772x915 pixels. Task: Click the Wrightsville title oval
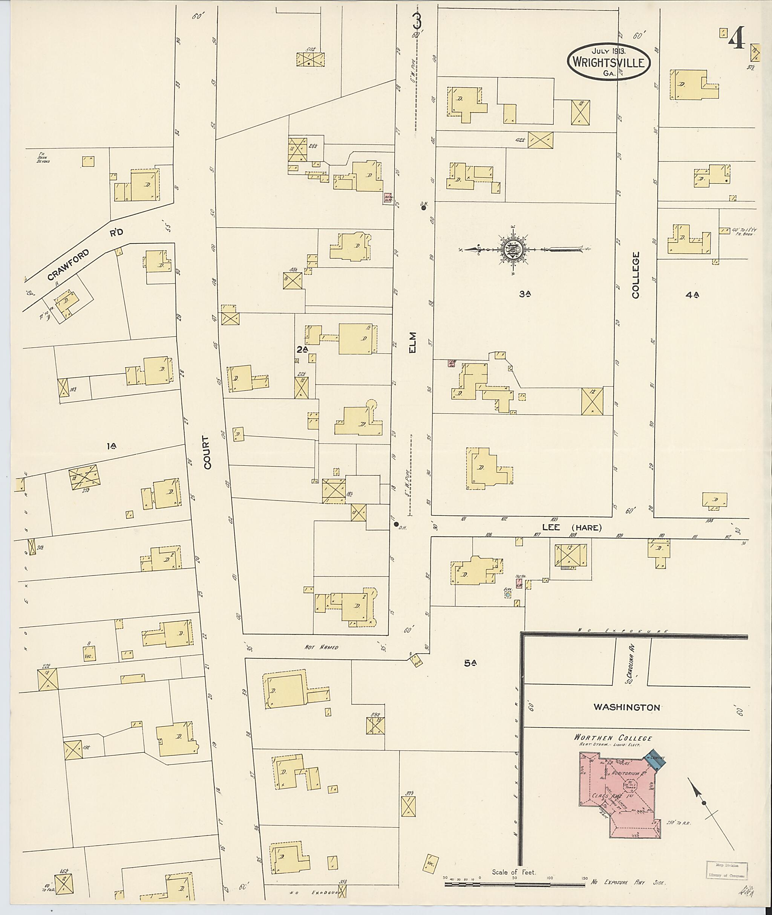[x=608, y=62]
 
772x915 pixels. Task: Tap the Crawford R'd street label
[x=85, y=254]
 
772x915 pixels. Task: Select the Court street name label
[x=207, y=452]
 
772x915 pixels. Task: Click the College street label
[x=636, y=275]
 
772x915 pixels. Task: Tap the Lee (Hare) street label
[x=571, y=527]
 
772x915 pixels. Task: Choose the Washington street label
[x=626, y=707]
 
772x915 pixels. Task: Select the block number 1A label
[x=112, y=446]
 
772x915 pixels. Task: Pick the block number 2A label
[x=302, y=350]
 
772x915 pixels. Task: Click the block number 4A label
[x=692, y=295]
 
